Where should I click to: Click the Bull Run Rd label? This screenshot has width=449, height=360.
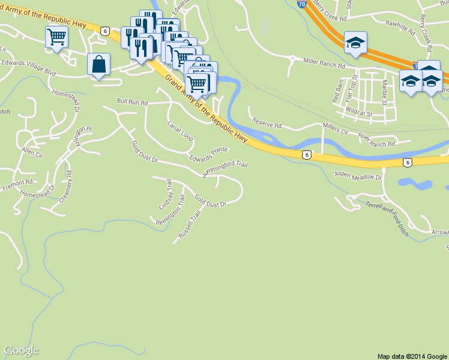pyautogui.click(x=132, y=103)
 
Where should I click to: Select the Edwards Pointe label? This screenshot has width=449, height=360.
pyautogui.click(x=209, y=154)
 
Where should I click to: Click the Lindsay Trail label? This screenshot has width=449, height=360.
pyautogui.click(x=165, y=194)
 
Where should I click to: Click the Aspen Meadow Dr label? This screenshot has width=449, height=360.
pyautogui.click(x=358, y=176)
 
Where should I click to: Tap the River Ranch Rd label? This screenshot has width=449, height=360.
pyautogui.click(x=377, y=140)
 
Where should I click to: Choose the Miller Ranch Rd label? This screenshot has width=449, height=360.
pyautogui.click(x=324, y=62)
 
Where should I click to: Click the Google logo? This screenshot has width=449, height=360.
pyautogui.click(x=21, y=350)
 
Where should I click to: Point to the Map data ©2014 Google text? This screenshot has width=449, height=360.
pyautogui.click(x=412, y=356)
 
